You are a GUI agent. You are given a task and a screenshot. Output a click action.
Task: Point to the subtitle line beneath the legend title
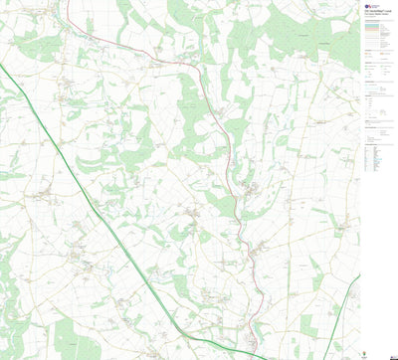(x=376, y=16)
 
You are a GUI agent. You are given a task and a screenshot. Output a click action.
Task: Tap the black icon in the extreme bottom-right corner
(x=393, y=355)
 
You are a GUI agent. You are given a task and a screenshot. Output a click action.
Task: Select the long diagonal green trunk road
(x=119, y=219)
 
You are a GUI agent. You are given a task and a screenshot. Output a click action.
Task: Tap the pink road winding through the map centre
(x=230, y=149)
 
